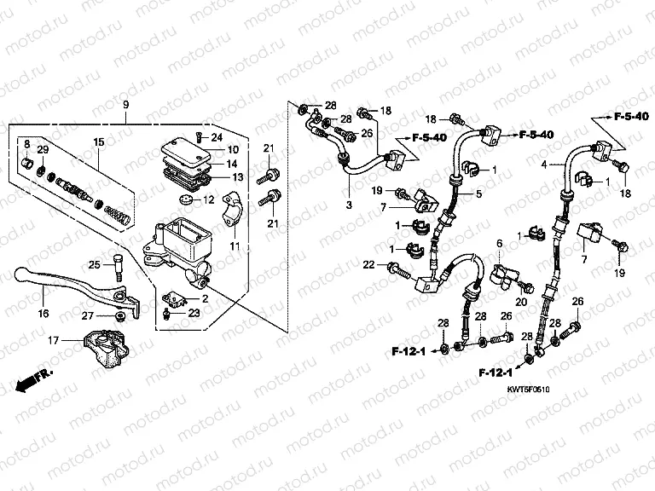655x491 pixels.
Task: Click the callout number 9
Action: [125, 105]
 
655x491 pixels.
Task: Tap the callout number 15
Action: [98, 141]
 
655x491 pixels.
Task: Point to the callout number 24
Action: [217, 136]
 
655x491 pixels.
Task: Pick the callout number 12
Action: [209, 200]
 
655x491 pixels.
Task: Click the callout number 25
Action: [95, 263]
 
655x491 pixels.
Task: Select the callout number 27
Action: [87, 316]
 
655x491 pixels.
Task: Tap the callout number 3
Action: [348, 205]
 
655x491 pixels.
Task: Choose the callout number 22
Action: [369, 266]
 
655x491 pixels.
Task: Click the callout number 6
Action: [500, 245]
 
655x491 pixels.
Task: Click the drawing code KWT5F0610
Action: [530, 389]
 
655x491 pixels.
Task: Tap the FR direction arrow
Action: [32, 377]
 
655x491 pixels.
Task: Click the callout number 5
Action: [478, 194]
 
